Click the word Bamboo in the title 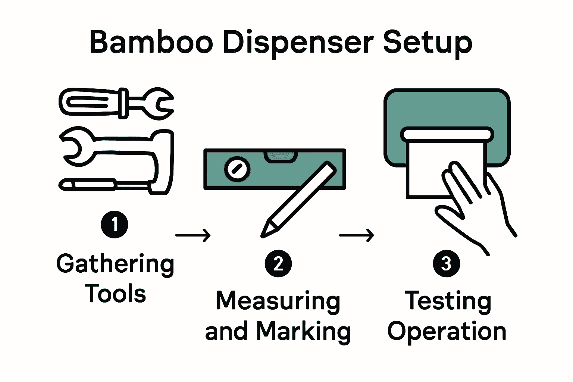click(151, 42)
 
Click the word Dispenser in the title click(298, 43)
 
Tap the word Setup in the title click(428, 43)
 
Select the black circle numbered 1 click(115, 225)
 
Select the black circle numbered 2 click(278, 264)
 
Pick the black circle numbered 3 click(446, 264)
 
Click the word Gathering click(115, 264)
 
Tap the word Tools click(115, 294)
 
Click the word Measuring click(278, 301)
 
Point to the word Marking click(304, 331)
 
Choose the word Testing click(448, 301)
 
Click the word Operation click(447, 331)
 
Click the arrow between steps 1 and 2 click(193, 235)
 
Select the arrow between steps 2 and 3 click(357, 235)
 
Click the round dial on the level click(237, 169)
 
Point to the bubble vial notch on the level click(281, 157)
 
